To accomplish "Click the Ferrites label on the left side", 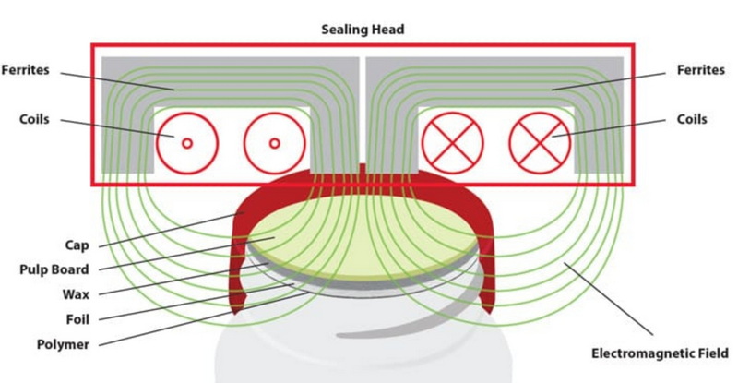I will point(27,69).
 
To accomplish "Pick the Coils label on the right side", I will point(690,119).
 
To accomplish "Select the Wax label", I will point(77,295).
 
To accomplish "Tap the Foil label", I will point(77,319).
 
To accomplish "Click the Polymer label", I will point(64,344).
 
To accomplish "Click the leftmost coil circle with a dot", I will point(186,144).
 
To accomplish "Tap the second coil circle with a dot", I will point(274,144).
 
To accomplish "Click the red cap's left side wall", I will point(241,268).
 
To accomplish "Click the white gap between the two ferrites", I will point(363,111).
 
